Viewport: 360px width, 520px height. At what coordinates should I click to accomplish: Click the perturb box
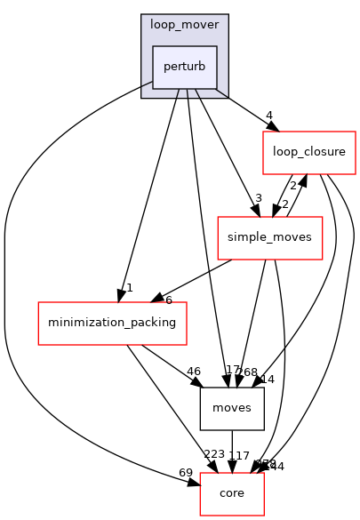click(x=185, y=67)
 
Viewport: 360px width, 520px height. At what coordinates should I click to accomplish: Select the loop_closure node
click(x=308, y=152)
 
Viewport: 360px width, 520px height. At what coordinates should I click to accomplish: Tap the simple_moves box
click(x=270, y=237)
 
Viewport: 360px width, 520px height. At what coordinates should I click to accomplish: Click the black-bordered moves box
click(x=232, y=409)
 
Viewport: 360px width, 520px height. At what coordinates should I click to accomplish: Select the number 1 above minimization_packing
click(x=129, y=287)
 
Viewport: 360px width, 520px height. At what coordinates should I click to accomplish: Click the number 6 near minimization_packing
click(x=168, y=300)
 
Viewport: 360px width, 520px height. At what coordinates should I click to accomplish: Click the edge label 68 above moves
click(x=250, y=372)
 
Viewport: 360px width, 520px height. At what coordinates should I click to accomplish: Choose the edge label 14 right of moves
click(x=268, y=379)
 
